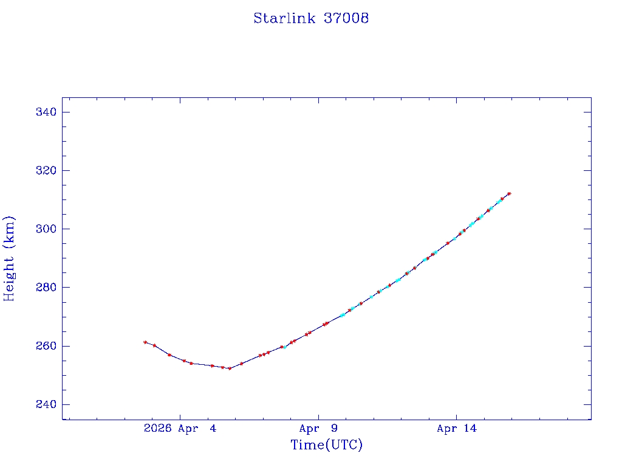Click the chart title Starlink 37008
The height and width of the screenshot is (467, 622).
(311, 18)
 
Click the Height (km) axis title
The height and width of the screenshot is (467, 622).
(9, 258)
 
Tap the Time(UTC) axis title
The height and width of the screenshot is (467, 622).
(327, 445)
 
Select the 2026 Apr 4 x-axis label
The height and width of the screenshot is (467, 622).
(180, 429)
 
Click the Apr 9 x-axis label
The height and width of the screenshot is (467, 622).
(318, 429)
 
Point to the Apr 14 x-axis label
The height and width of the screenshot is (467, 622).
(457, 429)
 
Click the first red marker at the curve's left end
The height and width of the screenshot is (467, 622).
(145, 342)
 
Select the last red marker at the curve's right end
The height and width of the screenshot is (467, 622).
(509, 193)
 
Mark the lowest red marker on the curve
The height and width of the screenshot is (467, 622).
(230, 368)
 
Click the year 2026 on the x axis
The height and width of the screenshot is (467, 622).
(158, 429)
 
